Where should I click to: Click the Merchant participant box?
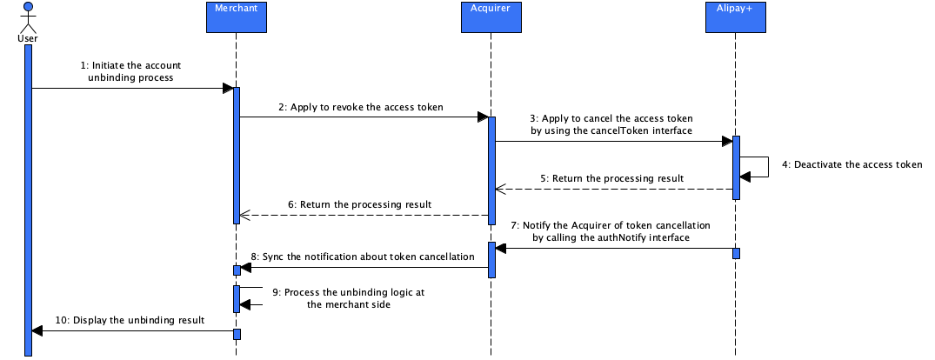click(x=235, y=17)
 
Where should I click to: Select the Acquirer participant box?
click(x=491, y=17)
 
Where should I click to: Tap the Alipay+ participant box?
click(x=735, y=17)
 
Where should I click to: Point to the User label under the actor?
click(x=28, y=38)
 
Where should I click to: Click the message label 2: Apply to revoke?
click(x=361, y=108)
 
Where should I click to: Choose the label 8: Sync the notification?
click(x=362, y=257)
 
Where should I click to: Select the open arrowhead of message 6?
click(x=244, y=215)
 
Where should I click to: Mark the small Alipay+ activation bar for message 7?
click(x=735, y=253)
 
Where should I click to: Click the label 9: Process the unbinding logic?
click(x=348, y=298)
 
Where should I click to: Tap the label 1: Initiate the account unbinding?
click(x=130, y=70)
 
